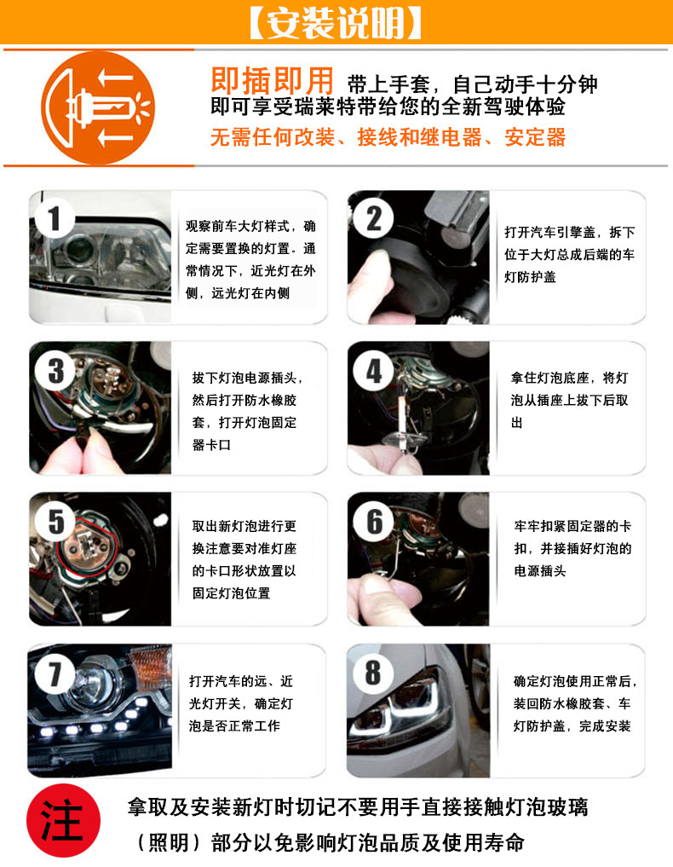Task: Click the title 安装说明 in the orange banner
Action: (x=336, y=23)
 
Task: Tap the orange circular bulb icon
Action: (x=98, y=107)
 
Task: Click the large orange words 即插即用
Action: (x=273, y=81)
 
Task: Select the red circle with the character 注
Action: (x=63, y=821)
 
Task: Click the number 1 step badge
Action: (x=54, y=219)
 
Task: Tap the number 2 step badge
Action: (x=374, y=218)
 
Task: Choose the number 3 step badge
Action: (x=55, y=371)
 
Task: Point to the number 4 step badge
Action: (x=374, y=371)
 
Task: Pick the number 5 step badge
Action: (x=55, y=522)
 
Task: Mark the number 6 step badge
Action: (x=374, y=522)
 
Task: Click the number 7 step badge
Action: (x=54, y=674)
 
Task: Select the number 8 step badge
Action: (x=373, y=673)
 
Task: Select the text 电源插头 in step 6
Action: (x=540, y=570)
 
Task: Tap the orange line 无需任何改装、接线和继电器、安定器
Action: (x=388, y=137)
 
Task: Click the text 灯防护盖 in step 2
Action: (x=530, y=276)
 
